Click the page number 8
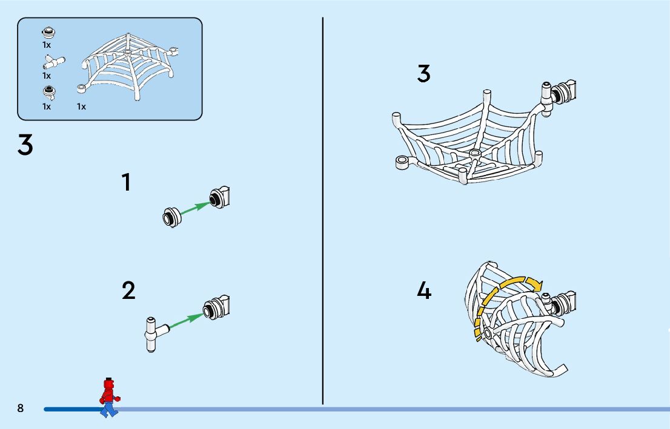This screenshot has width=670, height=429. tap(21, 408)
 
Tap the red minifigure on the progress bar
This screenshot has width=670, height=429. tap(109, 398)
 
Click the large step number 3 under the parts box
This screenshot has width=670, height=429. tap(25, 146)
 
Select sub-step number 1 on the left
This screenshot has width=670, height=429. tap(126, 182)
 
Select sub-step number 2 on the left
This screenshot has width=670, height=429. tap(128, 291)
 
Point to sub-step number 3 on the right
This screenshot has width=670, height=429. tap(424, 74)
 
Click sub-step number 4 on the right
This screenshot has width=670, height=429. tap(424, 291)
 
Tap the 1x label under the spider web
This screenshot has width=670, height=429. tap(81, 106)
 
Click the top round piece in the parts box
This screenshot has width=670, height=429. tap(47, 33)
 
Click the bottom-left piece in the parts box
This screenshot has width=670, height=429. tap(48, 93)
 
